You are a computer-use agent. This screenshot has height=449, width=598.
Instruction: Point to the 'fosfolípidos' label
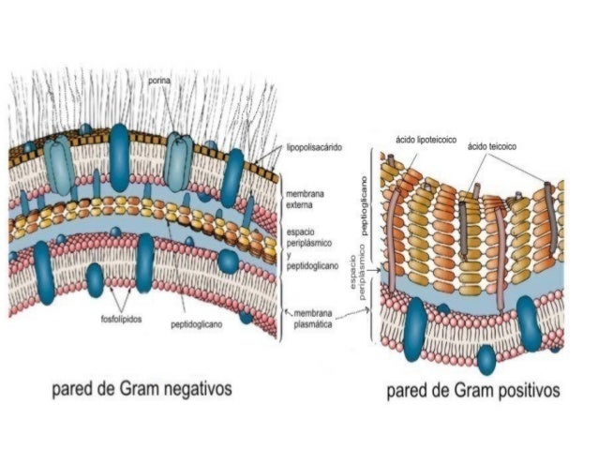tap(120, 319)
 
